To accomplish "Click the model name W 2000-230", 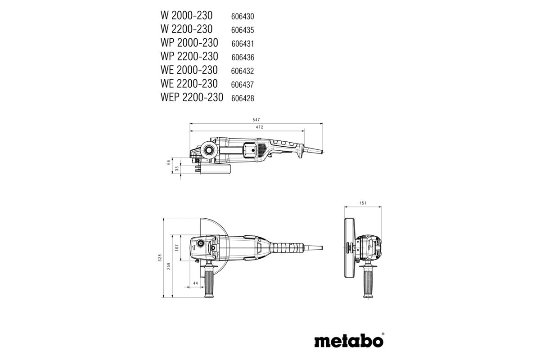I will click(187, 15).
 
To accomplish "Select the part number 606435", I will click(243, 30).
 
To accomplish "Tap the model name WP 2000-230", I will click(189, 43).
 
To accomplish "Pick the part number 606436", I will click(243, 57).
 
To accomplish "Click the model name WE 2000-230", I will click(189, 70).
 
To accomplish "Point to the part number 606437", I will click(243, 85).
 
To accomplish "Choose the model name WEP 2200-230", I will click(191, 97).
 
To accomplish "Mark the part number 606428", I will click(243, 98).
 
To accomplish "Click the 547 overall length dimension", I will click(256, 120).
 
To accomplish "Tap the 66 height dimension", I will click(169, 162).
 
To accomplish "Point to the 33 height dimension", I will click(177, 168).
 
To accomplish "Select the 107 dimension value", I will click(177, 247).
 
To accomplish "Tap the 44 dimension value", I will click(195, 283).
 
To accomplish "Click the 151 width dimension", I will click(363, 203).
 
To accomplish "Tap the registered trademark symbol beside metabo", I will click(383, 334).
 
